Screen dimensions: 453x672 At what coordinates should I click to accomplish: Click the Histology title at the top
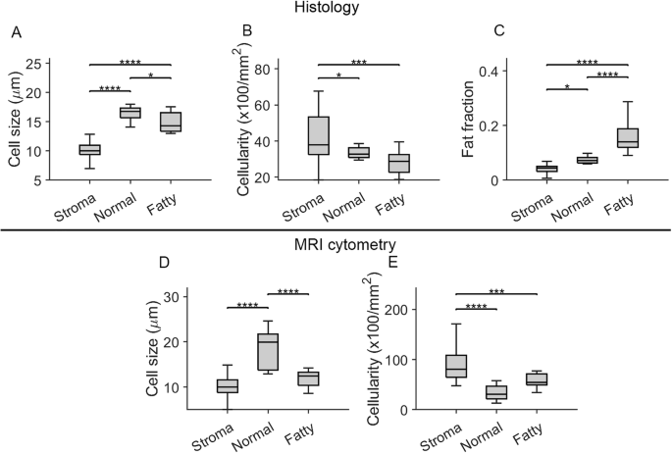point(336,9)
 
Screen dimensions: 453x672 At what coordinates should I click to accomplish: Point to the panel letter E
point(394,263)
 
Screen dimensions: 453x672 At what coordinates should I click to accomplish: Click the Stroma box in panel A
point(89,149)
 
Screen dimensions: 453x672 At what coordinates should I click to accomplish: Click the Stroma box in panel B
point(318,135)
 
